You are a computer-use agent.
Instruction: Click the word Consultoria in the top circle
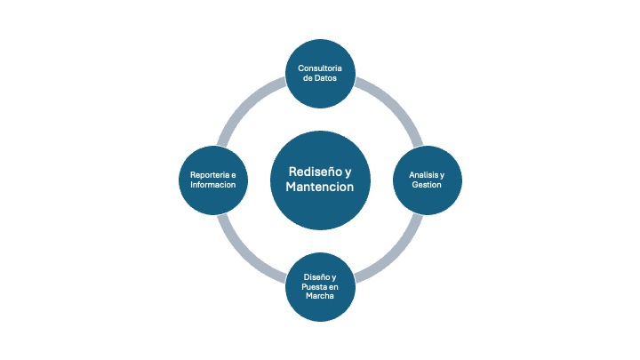point(320,68)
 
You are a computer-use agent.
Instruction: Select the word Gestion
point(427,185)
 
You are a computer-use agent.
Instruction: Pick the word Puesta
point(313,287)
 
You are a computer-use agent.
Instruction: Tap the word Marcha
point(320,298)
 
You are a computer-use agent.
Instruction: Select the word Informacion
point(213,185)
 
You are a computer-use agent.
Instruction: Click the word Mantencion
point(320,188)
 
